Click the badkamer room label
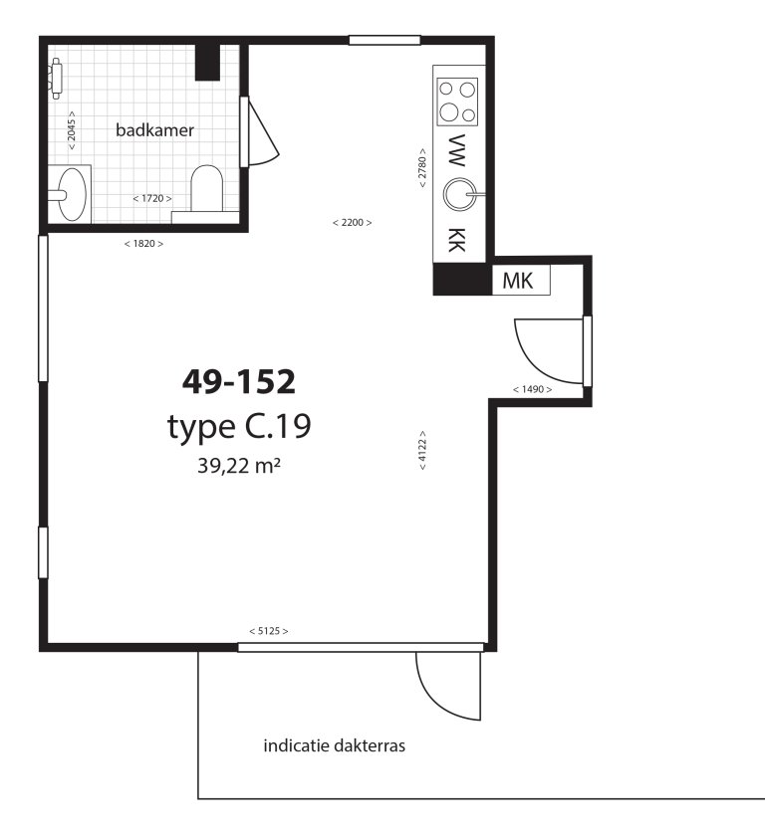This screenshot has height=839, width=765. pyautogui.click(x=154, y=130)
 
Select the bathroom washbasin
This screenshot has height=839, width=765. pyautogui.click(x=70, y=194)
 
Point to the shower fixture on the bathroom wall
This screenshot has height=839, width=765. pyautogui.click(x=56, y=79)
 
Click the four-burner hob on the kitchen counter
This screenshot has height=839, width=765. pyautogui.click(x=457, y=102)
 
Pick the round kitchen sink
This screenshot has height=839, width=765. pyautogui.click(x=459, y=194)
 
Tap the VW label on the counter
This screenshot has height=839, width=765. pyautogui.click(x=456, y=150)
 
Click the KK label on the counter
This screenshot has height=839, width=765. pyautogui.click(x=456, y=240)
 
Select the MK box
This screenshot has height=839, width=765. pyautogui.click(x=521, y=280)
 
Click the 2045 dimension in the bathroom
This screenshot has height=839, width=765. pyautogui.click(x=72, y=130)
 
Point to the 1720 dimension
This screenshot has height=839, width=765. pyautogui.click(x=152, y=198)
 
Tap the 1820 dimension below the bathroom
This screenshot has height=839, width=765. pyautogui.click(x=143, y=244)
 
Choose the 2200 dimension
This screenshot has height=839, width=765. pyautogui.click(x=352, y=222)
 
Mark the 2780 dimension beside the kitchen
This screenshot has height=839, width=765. pyautogui.click(x=422, y=167)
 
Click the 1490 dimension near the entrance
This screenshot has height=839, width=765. pyautogui.click(x=533, y=389)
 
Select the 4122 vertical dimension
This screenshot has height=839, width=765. pyautogui.click(x=422, y=450)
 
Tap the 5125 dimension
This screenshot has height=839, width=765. pyautogui.click(x=268, y=631)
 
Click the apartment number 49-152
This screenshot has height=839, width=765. pyautogui.click(x=239, y=381)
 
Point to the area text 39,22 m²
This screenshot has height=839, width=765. pyautogui.click(x=239, y=466)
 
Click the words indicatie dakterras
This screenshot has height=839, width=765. pyautogui.click(x=335, y=745)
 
